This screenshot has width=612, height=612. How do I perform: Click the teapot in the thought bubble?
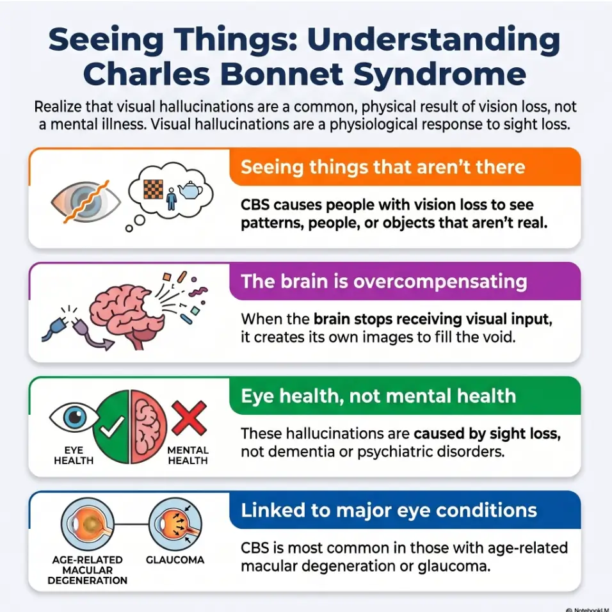pyautogui.click(x=190, y=189)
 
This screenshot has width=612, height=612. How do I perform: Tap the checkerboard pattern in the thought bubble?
pyautogui.click(x=154, y=189)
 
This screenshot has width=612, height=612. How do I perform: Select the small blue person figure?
pyautogui.click(x=171, y=199)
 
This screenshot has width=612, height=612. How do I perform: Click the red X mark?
pyautogui.click(x=189, y=418)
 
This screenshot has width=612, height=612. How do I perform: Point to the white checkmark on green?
pyautogui.click(x=112, y=426)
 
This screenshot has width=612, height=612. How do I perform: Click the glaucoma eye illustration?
pyautogui.click(x=175, y=524)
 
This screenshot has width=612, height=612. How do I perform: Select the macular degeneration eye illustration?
pyautogui.click(x=88, y=524)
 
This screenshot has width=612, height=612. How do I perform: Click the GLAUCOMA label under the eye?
pyautogui.click(x=175, y=560)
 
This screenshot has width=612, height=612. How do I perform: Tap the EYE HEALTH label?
pyautogui.click(x=74, y=456)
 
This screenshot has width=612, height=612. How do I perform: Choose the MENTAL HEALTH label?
pyautogui.click(x=188, y=456)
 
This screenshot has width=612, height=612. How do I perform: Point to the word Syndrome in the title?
pyautogui.click(x=440, y=75)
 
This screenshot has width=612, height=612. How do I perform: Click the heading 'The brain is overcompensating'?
pyautogui.click(x=384, y=282)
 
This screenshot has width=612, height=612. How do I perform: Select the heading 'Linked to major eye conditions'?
pyautogui.click(x=389, y=510)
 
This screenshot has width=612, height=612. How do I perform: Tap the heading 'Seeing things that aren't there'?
pyautogui.click(x=383, y=167)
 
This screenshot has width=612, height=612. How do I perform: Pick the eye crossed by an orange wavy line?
pyautogui.click(x=86, y=202)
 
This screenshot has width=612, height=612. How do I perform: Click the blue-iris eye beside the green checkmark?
pyautogui.click(x=74, y=417)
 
